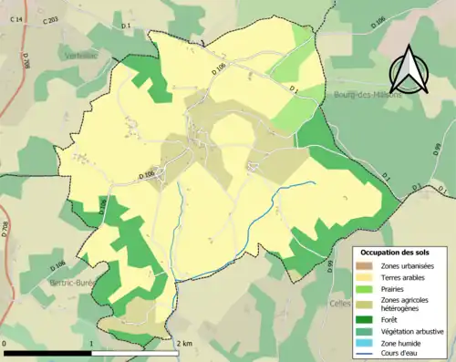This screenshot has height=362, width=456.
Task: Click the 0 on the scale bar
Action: (5, 344)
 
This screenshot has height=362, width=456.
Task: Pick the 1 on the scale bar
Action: (92, 344)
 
